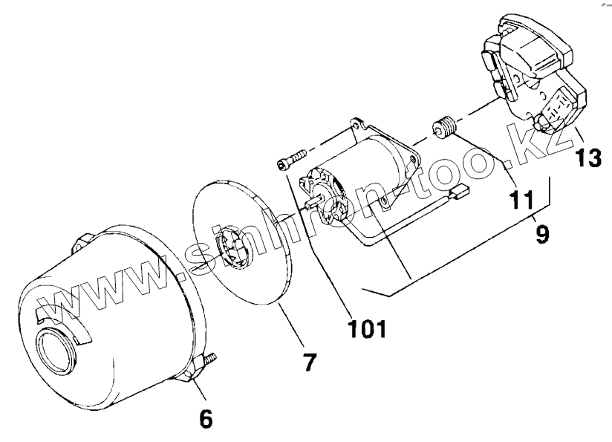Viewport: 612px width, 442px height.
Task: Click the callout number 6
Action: pos(206,419)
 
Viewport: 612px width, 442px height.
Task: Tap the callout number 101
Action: pos(368,329)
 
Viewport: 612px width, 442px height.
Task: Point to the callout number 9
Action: pos(542,234)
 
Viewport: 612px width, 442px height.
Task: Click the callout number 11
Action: pos(521,200)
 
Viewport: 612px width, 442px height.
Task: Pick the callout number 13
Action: pos(587,158)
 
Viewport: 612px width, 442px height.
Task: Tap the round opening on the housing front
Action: pos(56,348)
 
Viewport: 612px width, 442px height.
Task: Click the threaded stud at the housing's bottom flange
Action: pos(210,360)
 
